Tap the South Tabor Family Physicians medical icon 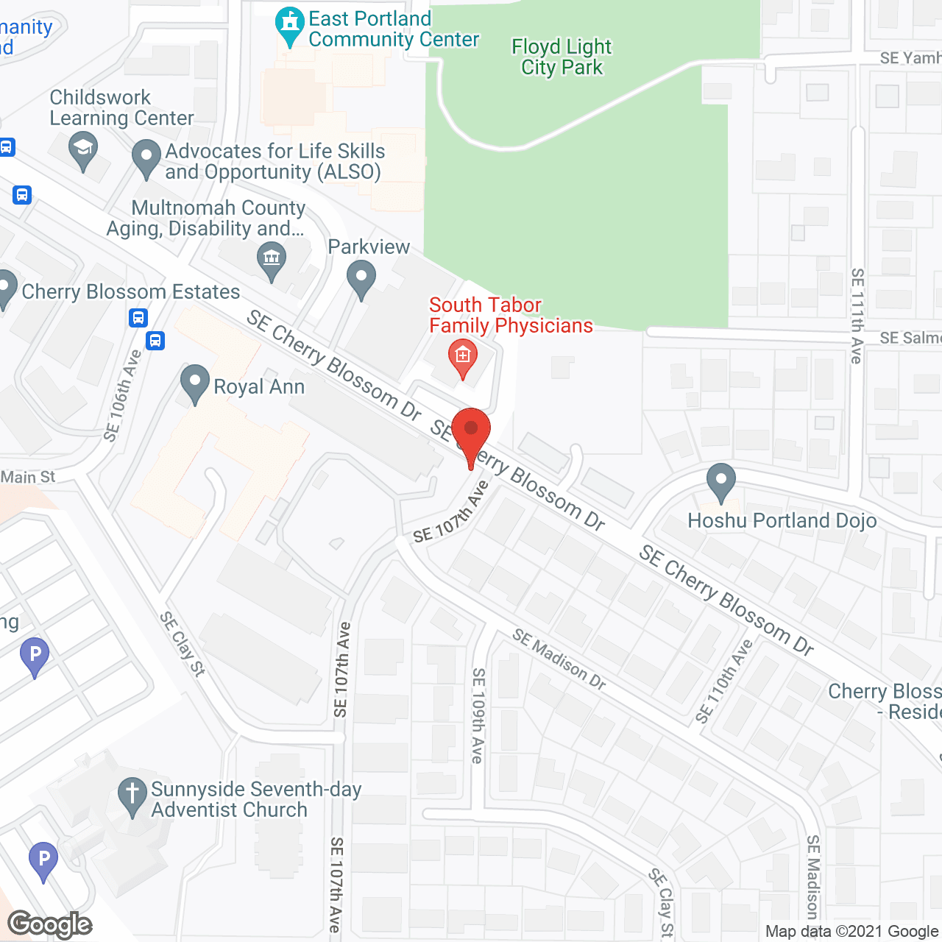462,356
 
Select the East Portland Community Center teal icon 290,24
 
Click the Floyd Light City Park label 562,57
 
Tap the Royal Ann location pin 195,382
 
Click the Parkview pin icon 361,279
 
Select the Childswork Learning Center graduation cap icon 83,149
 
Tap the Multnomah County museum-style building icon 272,260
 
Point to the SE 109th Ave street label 478,715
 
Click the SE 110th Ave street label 725,681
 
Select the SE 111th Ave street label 857,316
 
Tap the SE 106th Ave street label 122,396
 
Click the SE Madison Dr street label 559,659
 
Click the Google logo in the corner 49,924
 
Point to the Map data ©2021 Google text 851,932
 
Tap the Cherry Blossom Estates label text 131,292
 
